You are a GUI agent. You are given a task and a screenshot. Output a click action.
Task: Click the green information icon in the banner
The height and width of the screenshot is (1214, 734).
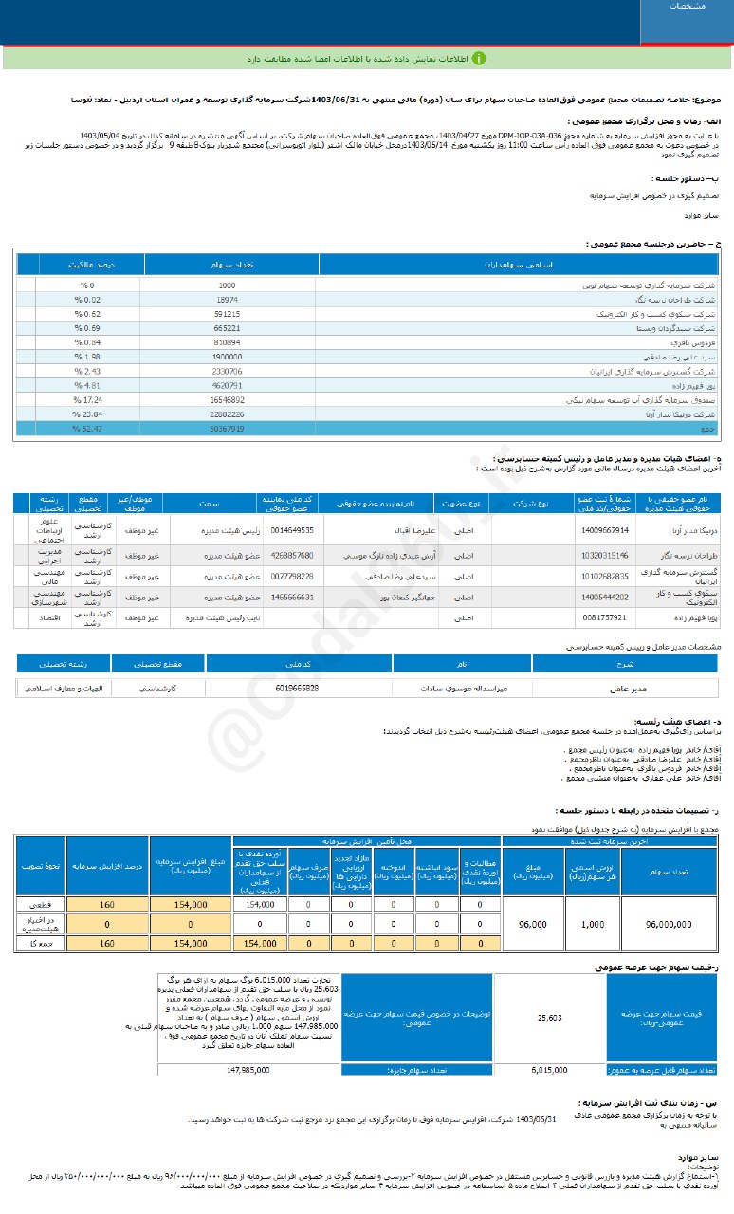point(480,58)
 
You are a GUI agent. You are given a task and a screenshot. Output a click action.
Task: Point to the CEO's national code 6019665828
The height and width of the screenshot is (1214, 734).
point(298,688)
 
